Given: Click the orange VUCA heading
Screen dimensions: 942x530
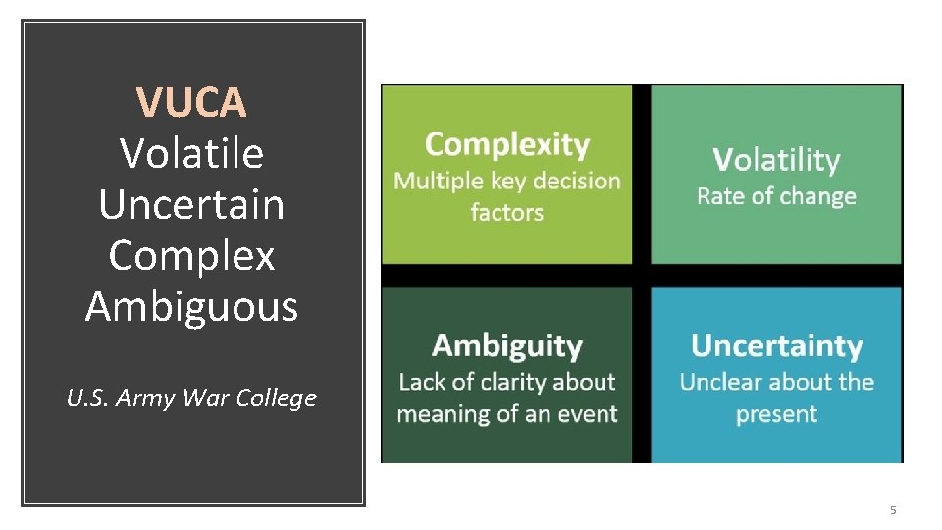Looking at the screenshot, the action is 191,101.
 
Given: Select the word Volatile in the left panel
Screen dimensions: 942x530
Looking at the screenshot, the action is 191,153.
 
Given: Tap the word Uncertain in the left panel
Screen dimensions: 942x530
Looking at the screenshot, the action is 191,204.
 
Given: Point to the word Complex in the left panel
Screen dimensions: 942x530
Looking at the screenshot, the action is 191,256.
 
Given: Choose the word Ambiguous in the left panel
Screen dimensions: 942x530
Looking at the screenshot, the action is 191,306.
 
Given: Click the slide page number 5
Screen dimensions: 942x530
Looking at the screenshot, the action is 893,510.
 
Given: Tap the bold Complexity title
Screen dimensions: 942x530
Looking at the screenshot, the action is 507,145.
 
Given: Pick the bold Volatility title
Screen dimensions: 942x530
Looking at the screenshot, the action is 776,160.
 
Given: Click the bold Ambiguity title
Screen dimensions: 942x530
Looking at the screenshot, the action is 507,345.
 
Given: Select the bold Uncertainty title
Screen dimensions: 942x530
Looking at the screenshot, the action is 776,345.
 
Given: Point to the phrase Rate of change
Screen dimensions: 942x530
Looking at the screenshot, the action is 776,196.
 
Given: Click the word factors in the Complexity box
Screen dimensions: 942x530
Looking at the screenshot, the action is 506,212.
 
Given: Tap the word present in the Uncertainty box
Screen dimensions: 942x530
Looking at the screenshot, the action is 776,413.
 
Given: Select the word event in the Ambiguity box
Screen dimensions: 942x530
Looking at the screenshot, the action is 587,413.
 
